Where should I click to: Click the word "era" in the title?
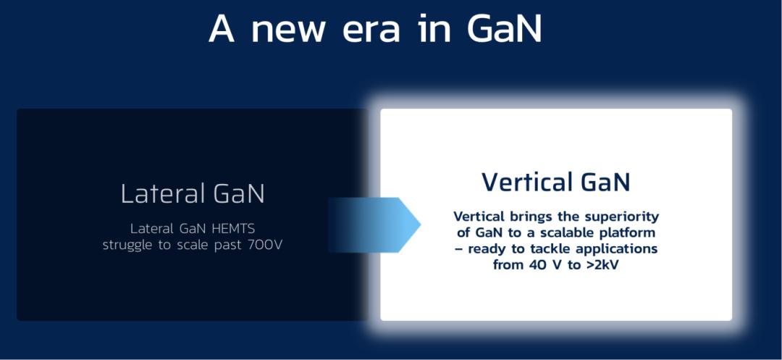click(371, 30)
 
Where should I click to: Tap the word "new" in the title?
click(288, 30)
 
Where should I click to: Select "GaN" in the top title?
click(505, 28)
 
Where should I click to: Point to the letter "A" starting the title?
click(222, 28)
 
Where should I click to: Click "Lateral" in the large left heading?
click(157, 193)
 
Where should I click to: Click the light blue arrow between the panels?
click(374, 225)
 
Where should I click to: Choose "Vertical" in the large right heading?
click(521, 182)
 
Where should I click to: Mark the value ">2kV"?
click(602, 265)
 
